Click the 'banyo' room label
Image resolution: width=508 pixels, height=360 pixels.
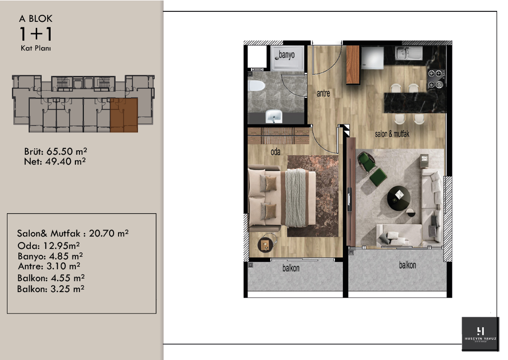point(286,55)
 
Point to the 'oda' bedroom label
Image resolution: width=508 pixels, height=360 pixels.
point(275,152)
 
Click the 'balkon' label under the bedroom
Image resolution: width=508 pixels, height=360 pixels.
point(291,268)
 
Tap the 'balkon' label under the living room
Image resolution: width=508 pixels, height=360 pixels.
point(407,265)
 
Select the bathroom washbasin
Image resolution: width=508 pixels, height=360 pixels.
point(273,117)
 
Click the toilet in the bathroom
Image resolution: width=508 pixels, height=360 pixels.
point(256,87)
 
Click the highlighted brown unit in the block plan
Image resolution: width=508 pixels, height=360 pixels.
point(124,115)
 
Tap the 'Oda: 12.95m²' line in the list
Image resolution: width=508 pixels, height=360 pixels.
point(49,245)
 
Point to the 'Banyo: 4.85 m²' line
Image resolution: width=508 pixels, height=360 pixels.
point(50,256)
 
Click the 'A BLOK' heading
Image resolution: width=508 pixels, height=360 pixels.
point(36,19)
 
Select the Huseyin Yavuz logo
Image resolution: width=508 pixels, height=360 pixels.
point(480,333)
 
